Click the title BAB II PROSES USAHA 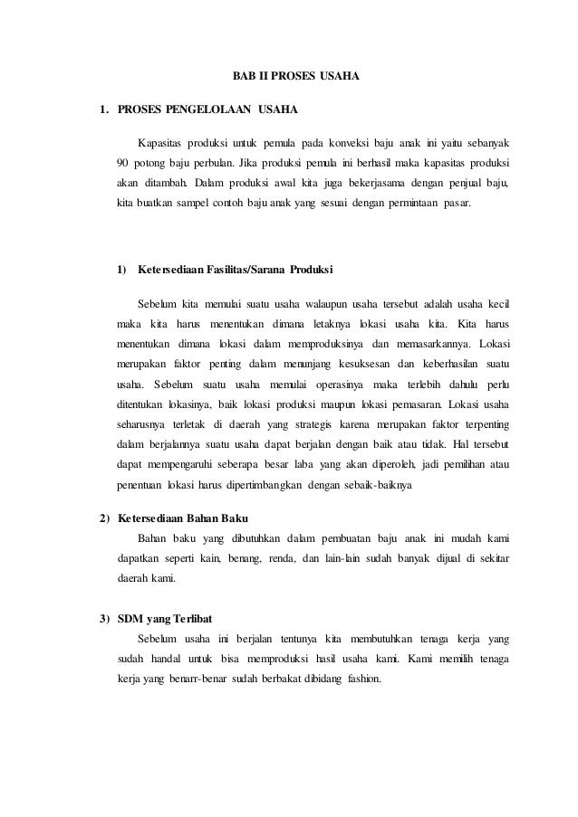(291, 77)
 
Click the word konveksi (333, 143)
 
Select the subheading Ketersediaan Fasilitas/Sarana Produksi (235, 270)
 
